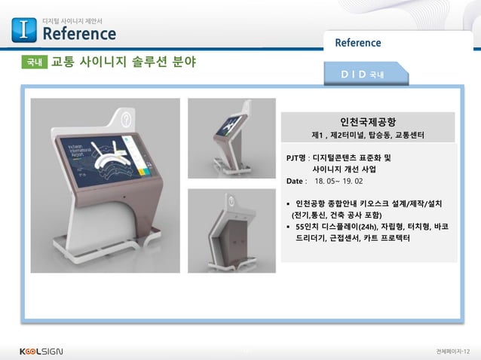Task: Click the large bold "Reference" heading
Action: tap(79, 34)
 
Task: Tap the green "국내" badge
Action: tap(34, 63)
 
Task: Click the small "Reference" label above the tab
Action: tap(358, 43)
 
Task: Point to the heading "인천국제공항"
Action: tap(369, 121)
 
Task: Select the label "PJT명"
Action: tap(296, 158)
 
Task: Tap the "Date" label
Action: tap(294, 182)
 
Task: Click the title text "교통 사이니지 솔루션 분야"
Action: tap(123, 62)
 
